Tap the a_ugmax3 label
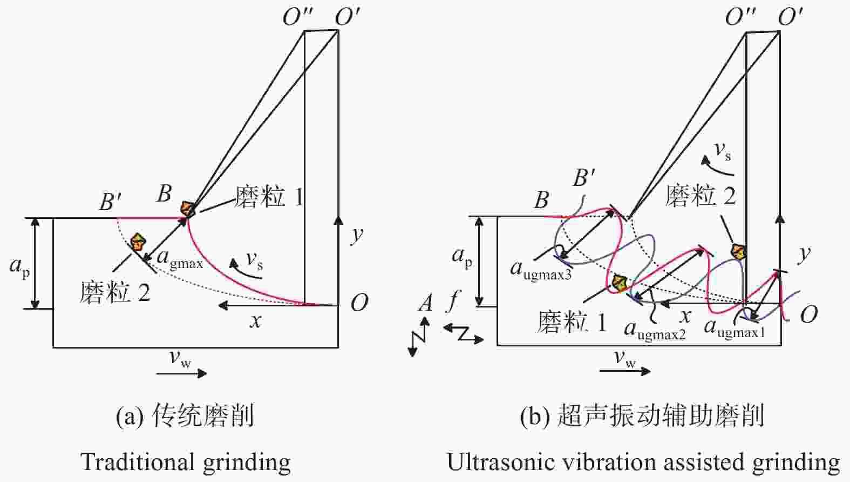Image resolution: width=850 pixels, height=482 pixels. (x=541, y=270)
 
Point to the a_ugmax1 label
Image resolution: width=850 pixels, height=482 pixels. (x=735, y=329)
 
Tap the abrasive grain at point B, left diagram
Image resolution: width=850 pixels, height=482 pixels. (x=188, y=209)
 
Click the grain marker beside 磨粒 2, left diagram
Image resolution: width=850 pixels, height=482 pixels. (x=138, y=242)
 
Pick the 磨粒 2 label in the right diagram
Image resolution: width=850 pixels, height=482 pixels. (x=701, y=196)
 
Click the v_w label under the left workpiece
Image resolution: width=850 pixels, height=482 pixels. (x=180, y=358)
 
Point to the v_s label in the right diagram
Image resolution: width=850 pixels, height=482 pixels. (x=723, y=151)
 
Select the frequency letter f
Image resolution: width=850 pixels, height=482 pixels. (x=453, y=300)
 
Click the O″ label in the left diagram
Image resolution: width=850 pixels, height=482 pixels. (x=298, y=17)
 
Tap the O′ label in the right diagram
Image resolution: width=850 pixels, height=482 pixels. (x=791, y=17)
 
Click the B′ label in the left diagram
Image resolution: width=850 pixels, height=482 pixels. (x=111, y=202)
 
